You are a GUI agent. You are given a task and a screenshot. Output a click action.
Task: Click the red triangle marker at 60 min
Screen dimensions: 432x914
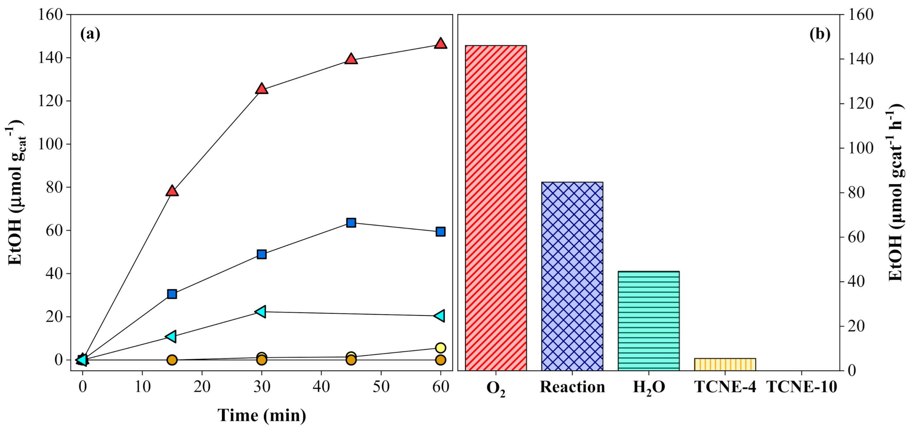tap(440, 43)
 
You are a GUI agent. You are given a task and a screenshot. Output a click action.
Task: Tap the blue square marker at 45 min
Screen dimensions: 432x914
tap(351, 223)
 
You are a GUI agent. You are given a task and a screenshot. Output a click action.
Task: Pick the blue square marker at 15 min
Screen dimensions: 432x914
tap(172, 294)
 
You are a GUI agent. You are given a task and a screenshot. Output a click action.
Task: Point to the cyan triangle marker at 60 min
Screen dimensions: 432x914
tap(440, 316)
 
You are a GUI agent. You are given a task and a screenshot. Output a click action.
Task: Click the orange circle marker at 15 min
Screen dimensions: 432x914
tap(172, 360)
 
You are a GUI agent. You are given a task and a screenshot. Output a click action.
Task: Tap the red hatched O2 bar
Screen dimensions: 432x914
tap(496, 208)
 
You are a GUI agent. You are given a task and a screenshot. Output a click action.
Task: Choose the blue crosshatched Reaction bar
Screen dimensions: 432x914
tap(572, 276)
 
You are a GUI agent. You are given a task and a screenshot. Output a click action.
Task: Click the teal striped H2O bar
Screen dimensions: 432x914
tap(649, 321)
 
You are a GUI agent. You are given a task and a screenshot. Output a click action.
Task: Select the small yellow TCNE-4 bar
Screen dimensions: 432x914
tap(725, 364)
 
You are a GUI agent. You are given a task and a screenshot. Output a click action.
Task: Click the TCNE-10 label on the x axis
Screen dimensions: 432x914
tap(802, 387)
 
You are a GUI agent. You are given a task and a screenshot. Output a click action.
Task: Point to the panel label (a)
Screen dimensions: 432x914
tap(90, 34)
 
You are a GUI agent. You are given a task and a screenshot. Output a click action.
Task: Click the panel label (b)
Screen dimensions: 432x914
tap(820, 34)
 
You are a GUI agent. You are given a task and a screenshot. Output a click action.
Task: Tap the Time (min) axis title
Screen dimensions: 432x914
tap(262, 415)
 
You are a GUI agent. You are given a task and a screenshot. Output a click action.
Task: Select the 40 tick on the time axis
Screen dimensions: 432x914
tap(321, 387)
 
